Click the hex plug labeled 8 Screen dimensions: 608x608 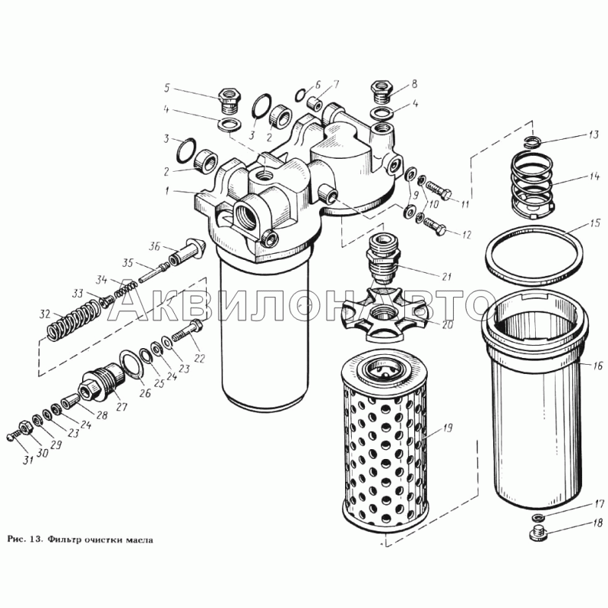tap(383, 91)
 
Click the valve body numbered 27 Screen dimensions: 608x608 tap(101, 382)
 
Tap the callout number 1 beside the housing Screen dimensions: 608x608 tap(167, 191)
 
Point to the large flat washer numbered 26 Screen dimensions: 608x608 tap(131, 363)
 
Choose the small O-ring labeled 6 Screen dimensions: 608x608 tap(302, 94)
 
